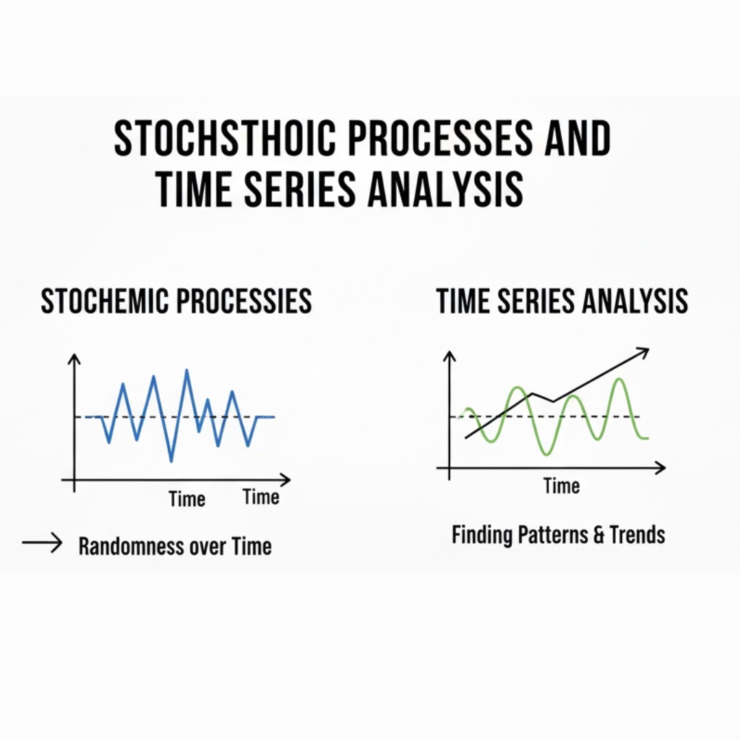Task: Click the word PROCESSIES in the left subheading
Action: [244, 301]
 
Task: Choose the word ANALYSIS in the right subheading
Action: [635, 301]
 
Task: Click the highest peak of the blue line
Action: [187, 371]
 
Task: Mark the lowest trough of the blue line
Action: [171, 460]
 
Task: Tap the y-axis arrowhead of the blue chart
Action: [74, 358]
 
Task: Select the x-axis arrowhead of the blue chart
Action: [286, 480]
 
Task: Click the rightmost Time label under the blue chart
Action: [261, 497]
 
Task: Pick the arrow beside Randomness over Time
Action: [42, 543]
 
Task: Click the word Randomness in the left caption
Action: [132, 547]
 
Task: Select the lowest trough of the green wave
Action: [547, 454]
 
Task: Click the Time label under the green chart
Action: [562, 486]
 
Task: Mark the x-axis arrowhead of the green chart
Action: [661, 468]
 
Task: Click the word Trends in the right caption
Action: [638, 535]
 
